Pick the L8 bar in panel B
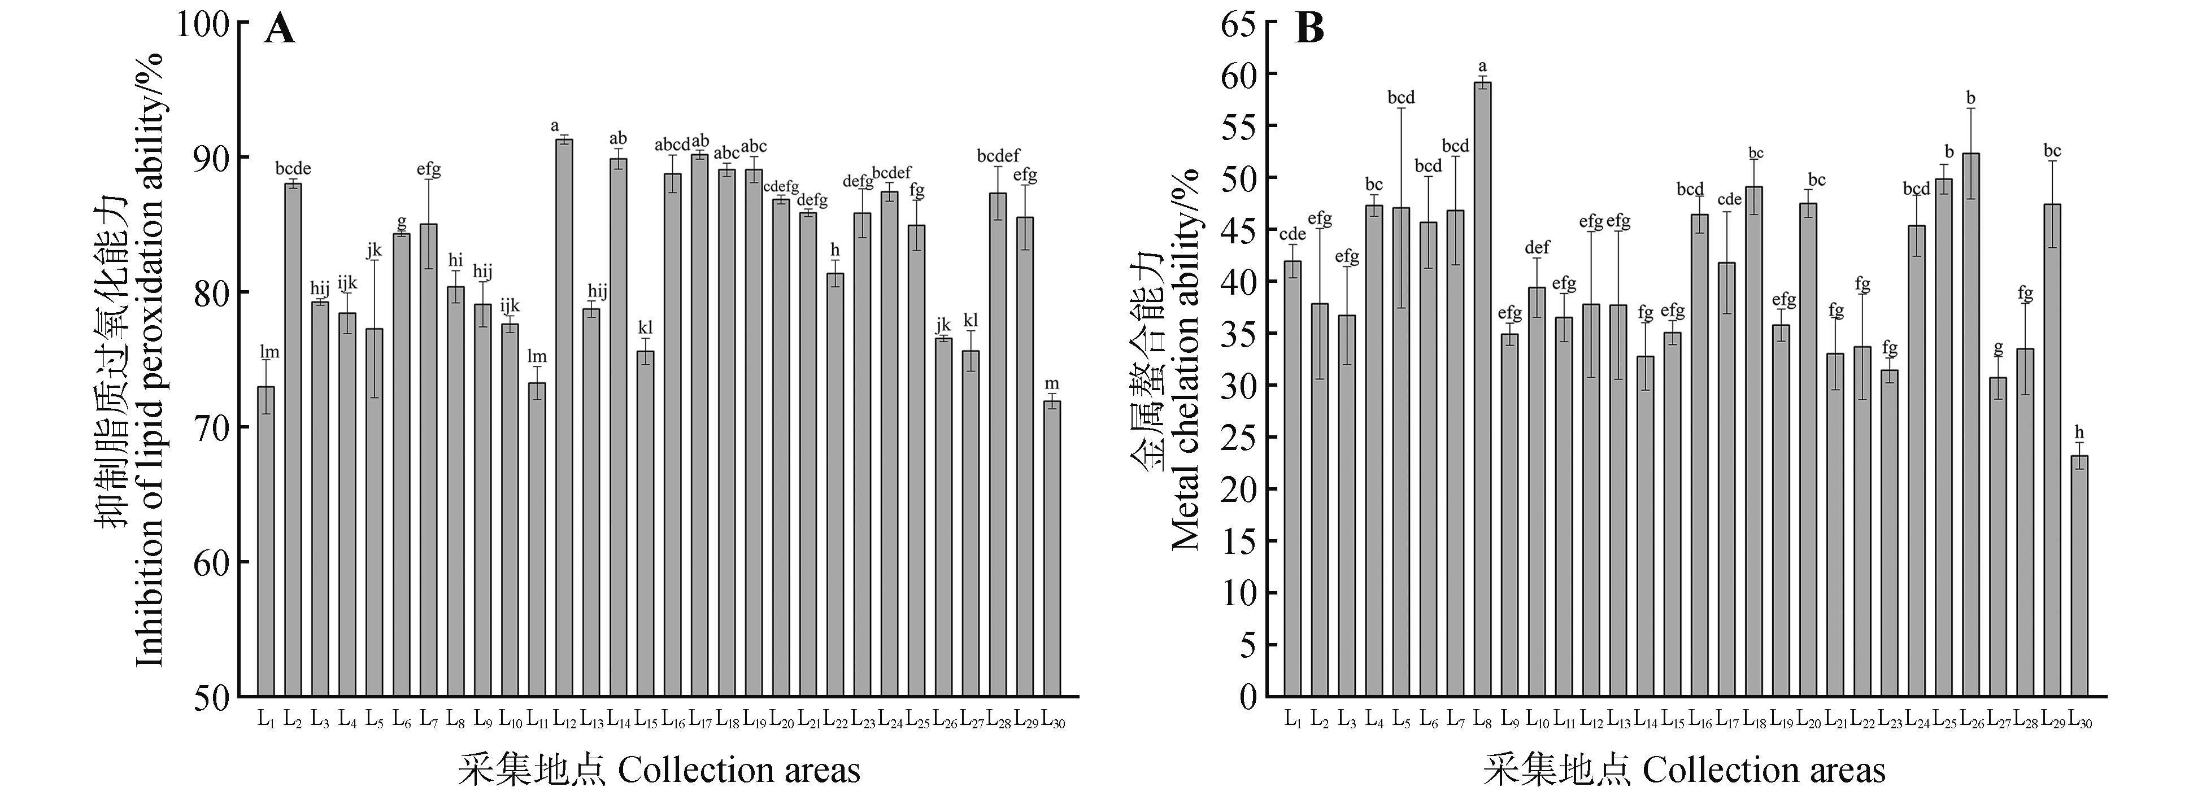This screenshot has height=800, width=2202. point(1483,389)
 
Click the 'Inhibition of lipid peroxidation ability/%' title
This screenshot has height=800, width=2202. point(150,359)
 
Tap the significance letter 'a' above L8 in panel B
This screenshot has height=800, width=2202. point(1483,67)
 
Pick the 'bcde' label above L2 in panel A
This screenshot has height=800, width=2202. point(293,168)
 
